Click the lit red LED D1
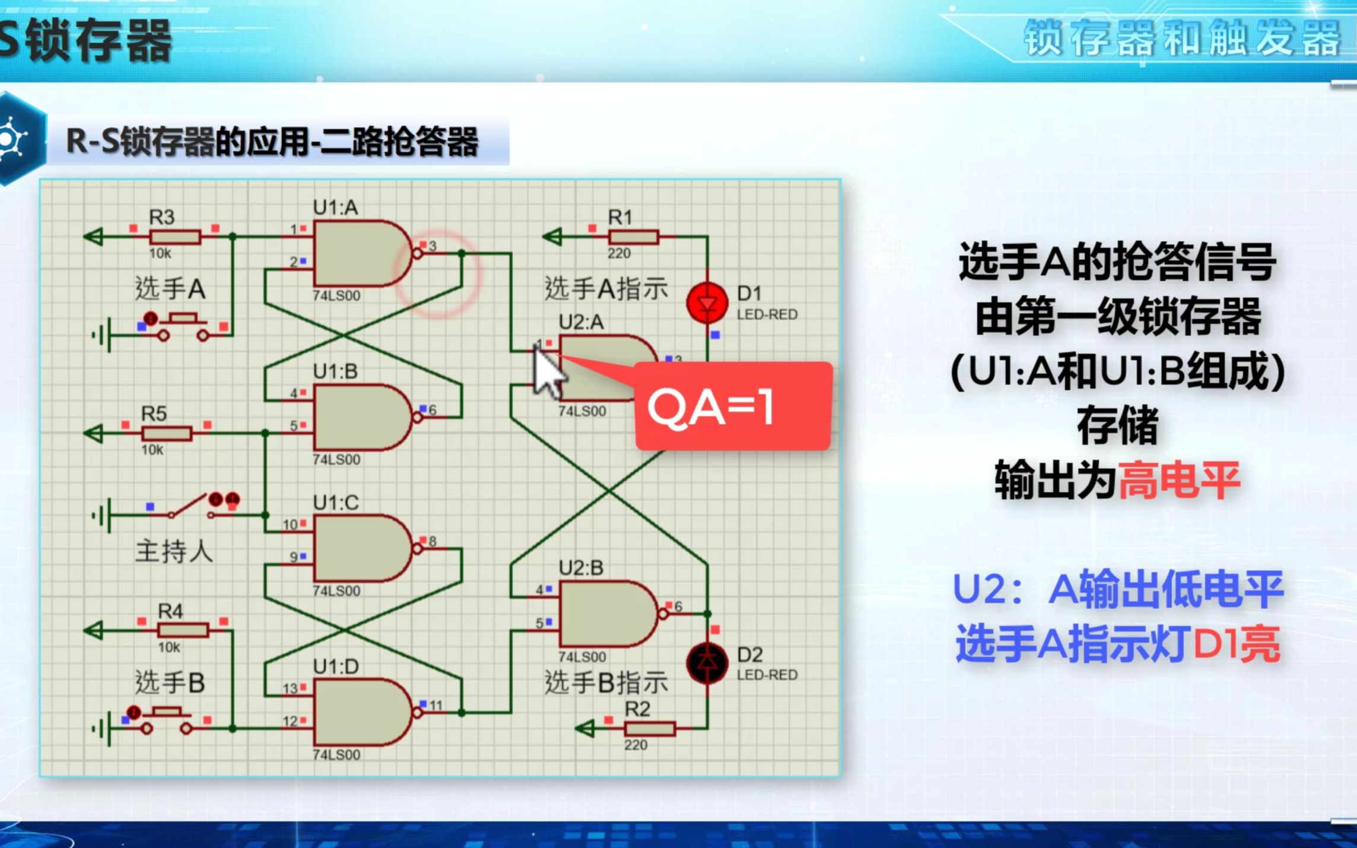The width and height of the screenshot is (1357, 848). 707,303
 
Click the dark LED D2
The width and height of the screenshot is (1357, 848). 707,663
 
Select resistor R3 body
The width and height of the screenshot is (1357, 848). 175,237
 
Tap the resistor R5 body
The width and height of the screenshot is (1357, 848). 167,434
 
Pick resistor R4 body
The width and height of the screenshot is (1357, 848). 183,630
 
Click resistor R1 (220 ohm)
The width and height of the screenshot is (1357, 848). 634,237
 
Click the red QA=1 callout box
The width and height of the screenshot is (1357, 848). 733,406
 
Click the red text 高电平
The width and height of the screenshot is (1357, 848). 1179,480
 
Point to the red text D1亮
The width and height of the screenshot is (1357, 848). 1236,645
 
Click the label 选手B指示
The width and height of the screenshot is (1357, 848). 606,683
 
